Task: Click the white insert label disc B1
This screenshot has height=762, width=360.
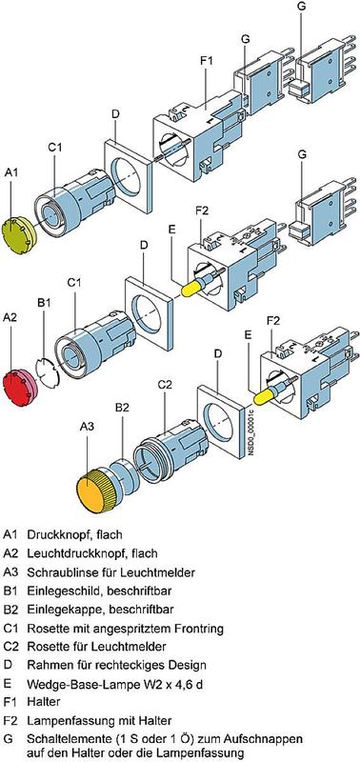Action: click(47, 372)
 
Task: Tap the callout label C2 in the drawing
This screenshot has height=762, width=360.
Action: click(165, 384)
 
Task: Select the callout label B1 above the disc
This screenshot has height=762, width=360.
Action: click(44, 303)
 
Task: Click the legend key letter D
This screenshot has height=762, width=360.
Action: click(8, 664)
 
